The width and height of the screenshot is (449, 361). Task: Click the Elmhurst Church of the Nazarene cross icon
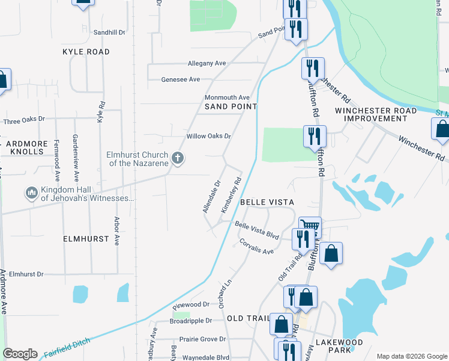point(177,158)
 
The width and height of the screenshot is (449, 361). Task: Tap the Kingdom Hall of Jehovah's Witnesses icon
point(31,193)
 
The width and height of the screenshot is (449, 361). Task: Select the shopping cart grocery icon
point(309,227)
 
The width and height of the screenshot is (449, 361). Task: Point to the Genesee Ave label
point(181,79)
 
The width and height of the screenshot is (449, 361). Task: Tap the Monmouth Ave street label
point(227,97)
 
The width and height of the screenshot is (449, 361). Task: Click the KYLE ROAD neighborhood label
point(86,52)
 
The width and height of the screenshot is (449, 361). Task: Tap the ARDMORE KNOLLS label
point(25,147)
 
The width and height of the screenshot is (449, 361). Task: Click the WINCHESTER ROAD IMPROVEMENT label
point(376,114)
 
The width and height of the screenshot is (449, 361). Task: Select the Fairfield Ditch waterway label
point(67,348)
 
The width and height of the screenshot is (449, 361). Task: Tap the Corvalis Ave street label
point(256,247)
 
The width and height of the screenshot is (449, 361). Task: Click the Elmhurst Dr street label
point(26,274)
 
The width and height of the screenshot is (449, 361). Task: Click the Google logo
point(20,354)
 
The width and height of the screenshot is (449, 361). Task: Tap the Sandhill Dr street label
point(109,32)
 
